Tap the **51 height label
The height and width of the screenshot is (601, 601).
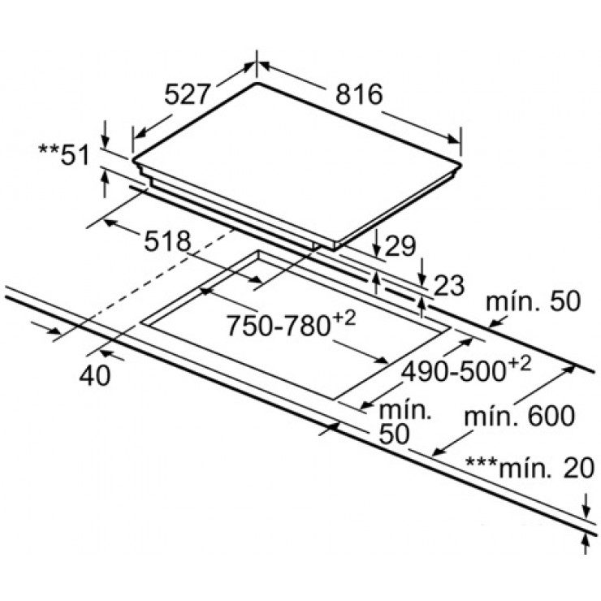64,153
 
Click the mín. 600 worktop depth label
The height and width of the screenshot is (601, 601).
521,417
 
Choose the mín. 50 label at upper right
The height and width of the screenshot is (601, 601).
534,302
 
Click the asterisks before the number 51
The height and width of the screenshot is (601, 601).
48,149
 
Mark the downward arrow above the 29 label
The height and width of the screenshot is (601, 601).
378,242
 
